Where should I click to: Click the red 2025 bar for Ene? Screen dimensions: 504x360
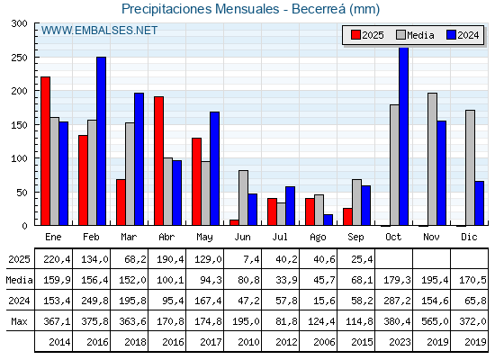tap(45, 151)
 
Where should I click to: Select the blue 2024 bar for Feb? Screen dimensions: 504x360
tap(101, 141)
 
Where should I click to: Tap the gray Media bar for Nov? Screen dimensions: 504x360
tap(432, 159)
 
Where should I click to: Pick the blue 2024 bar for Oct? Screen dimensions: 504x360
tap(404, 137)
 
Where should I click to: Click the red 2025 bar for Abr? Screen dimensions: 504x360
tap(158, 161)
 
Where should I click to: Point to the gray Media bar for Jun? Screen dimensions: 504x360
tap(243, 198)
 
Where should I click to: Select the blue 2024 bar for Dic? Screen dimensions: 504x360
tap(479, 203)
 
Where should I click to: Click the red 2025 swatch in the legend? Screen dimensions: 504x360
tap(355, 35)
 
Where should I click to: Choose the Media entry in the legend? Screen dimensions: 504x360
tap(415, 35)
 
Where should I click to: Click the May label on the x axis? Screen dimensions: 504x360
tap(204, 238)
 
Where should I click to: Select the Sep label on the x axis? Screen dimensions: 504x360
tap(355, 238)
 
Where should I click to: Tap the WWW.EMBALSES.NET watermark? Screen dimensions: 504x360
tap(99, 31)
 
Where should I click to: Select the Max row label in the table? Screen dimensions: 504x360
tap(19, 321)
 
